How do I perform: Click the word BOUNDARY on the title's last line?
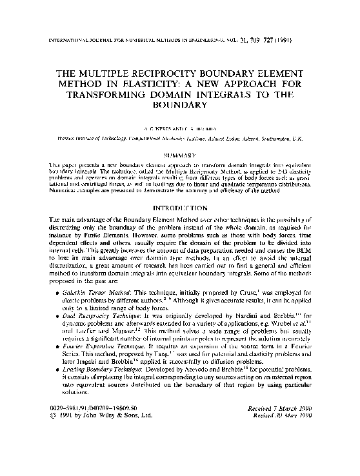[x=180, y=104]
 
